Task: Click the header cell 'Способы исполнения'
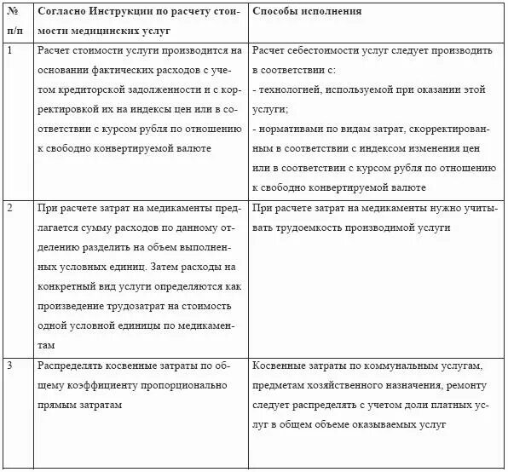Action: tap(308, 12)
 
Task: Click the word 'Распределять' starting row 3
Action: tap(75, 366)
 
